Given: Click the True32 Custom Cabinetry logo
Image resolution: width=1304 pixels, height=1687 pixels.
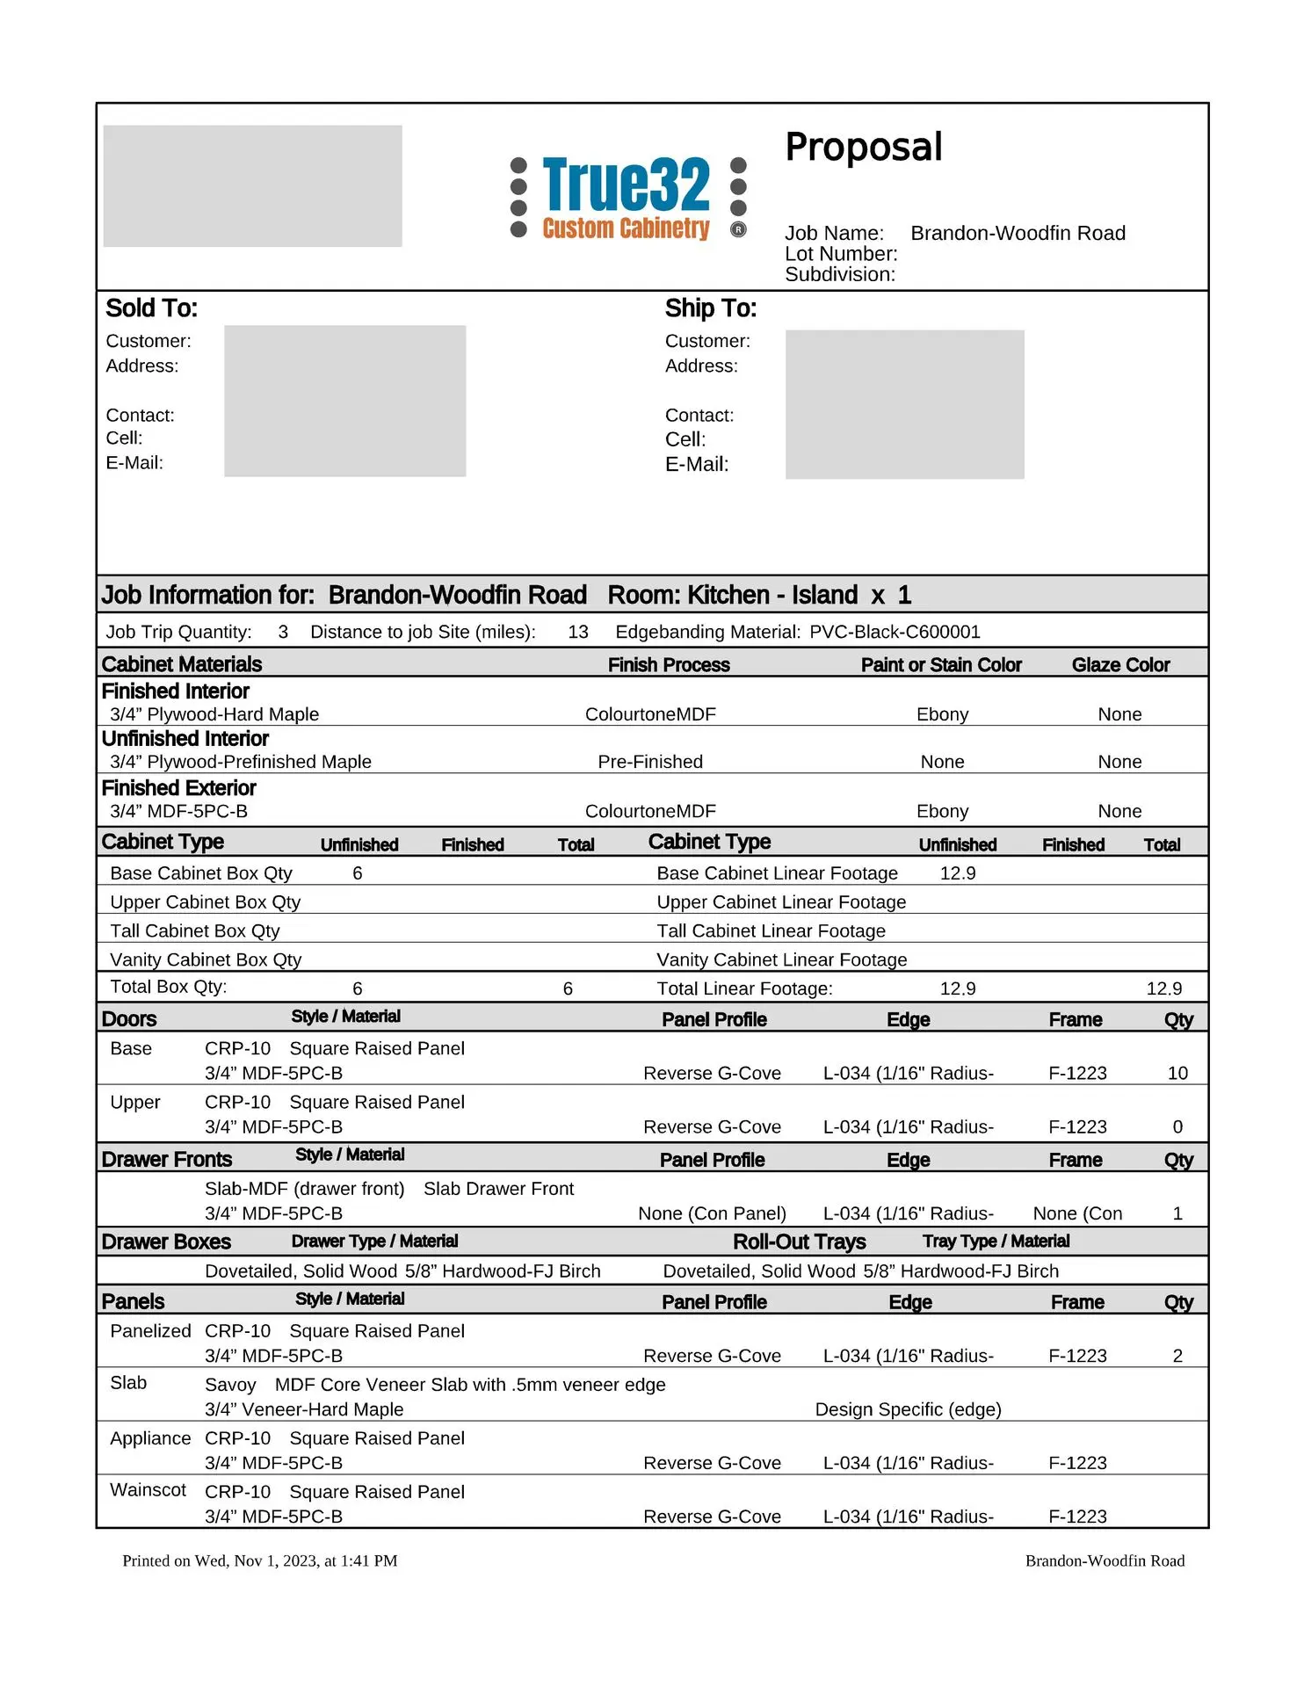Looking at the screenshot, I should click(x=627, y=198).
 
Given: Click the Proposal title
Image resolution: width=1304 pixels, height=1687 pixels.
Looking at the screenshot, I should click(x=863, y=147).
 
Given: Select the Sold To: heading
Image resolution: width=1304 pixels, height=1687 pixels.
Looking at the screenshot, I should click(x=151, y=308).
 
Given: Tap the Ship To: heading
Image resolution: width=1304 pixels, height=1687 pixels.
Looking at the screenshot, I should click(x=710, y=308).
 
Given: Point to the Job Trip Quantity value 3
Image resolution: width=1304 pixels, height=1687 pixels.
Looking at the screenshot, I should click(x=283, y=632).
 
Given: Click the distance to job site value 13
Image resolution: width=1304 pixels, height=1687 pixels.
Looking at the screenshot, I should click(x=577, y=632).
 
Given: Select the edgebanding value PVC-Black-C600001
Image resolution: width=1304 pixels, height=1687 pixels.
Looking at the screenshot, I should click(x=894, y=632).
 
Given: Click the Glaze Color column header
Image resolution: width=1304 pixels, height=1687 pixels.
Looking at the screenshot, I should click(x=1119, y=665).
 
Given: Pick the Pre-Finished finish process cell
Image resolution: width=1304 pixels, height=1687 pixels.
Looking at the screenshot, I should click(x=650, y=762).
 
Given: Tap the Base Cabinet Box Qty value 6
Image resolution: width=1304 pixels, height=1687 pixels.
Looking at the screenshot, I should click(x=358, y=873).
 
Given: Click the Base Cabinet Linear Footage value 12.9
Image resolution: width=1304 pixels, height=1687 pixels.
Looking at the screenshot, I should click(x=957, y=873).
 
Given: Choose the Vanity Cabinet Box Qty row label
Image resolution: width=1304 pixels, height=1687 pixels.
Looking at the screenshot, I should click(x=206, y=959).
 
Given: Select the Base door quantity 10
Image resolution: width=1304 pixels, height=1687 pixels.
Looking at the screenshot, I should click(x=1177, y=1073).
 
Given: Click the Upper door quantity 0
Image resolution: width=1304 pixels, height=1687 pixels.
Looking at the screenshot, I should click(x=1177, y=1126).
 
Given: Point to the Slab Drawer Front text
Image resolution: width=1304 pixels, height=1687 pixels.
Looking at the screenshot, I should click(x=498, y=1189).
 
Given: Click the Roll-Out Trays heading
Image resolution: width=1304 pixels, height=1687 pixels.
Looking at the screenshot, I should click(x=799, y=1242).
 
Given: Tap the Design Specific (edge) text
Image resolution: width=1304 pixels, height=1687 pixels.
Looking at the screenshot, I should click(x=908, y=1409).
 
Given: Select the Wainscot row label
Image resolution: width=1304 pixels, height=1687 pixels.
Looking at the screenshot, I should click(x=148, y=1490).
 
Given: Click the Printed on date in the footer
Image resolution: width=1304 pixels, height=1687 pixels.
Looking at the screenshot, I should click(x=260, y=1560).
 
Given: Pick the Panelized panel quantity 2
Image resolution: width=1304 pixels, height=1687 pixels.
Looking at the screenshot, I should click(x=1177, y=1356).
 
